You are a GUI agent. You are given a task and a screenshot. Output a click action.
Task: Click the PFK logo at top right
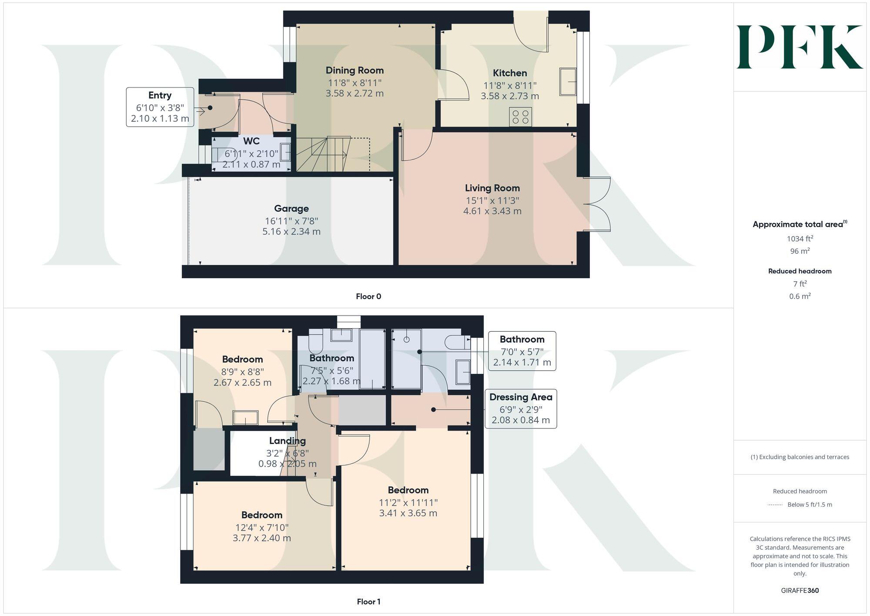point(799,47)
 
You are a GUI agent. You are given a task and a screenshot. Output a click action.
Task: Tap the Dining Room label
point(355,71)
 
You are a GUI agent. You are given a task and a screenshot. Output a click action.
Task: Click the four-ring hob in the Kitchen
point(520,117)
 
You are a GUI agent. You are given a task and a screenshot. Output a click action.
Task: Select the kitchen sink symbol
point(567,81)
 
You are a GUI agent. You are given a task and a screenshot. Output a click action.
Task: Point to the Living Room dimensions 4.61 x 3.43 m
point(492,211)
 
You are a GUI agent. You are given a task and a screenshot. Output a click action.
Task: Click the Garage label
point(291,209)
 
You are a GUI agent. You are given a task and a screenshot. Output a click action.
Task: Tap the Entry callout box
point(160,107)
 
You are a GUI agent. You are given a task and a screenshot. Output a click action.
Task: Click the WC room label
point(251,141)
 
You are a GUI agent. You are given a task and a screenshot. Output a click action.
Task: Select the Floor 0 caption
point(368,296)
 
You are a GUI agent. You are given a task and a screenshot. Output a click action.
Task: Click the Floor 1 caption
point(368,602)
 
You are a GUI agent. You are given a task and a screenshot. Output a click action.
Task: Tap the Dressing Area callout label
point(520,397)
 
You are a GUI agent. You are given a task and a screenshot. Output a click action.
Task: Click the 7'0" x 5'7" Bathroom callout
point(522,351)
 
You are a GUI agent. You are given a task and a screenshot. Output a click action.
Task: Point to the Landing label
point(287,441)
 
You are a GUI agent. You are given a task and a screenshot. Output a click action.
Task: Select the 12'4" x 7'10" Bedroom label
point(261,515)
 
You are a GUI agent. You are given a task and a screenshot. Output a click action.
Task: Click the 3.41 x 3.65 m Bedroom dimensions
point(408,513)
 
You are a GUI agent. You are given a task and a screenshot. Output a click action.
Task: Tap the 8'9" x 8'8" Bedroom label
point(242,360)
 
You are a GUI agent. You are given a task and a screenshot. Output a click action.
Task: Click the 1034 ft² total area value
point(800,239)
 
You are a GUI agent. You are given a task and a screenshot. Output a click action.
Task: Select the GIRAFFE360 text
point(800,591)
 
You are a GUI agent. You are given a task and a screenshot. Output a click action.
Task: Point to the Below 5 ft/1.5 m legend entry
point(809,505)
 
